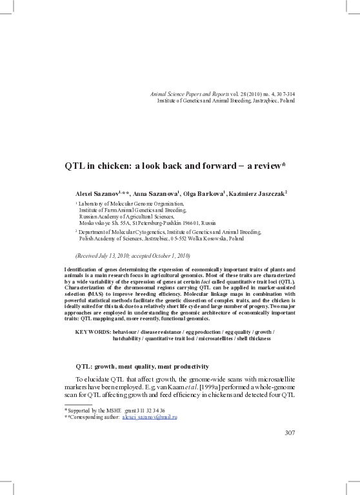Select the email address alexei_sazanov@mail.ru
150,417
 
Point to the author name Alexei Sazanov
95,193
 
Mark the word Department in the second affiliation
95,231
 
